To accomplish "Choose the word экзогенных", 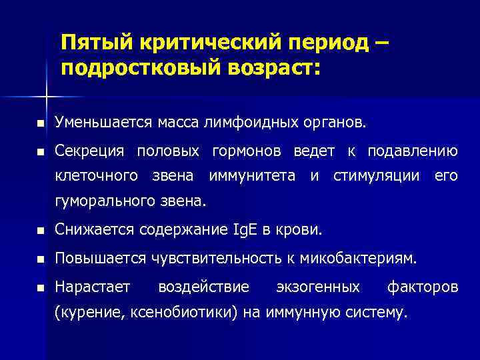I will (318, 287).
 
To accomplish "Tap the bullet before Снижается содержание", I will (41, 231).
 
